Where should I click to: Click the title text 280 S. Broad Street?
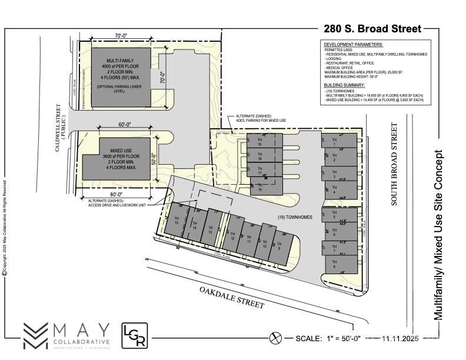[372, 28]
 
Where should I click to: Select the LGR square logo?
[134, 335]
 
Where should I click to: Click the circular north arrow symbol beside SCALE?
[274, 338]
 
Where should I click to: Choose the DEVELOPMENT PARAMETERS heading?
[353, 45]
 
